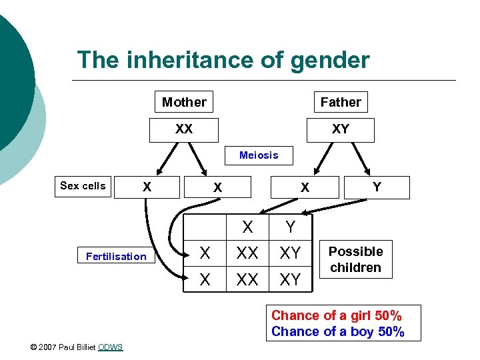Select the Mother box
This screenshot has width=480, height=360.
pyautogui.click(x=184, y=102)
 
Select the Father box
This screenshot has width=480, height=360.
pyautogui.click(x=340, y=102)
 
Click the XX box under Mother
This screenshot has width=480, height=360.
pyautogui.click(x=184, y=129)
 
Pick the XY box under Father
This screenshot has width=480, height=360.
pyautogui.click(x=340, y=129)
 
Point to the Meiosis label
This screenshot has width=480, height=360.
pyautogui.click(x=259, y=155)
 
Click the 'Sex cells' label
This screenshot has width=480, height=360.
pyautogui.click(x=83, y=186)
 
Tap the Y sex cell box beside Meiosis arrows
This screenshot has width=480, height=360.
pyautogui.click(x=377, y=187)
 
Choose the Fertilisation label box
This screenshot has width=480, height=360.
pyautogui.click(x=116, y=256)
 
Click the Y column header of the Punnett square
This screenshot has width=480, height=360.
pyautogui.click(x=290, y=227)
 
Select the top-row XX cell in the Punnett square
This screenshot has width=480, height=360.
pyautogui.click(x=247, y=253)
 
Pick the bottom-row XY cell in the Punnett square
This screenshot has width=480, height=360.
pyautogui.click(x=290, y=279)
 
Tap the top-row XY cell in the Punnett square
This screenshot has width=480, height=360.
pyautogui.click(x=290, y=253)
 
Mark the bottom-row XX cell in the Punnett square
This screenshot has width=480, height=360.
pyautogui.click(x=247, y=279)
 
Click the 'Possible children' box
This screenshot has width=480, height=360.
pyautogui.click(x=355, y=259)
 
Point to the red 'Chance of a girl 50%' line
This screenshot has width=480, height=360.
pyautogui.click(x=337, y=315)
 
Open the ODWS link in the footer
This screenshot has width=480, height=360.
pyautogui.click(x=110, y=347)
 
